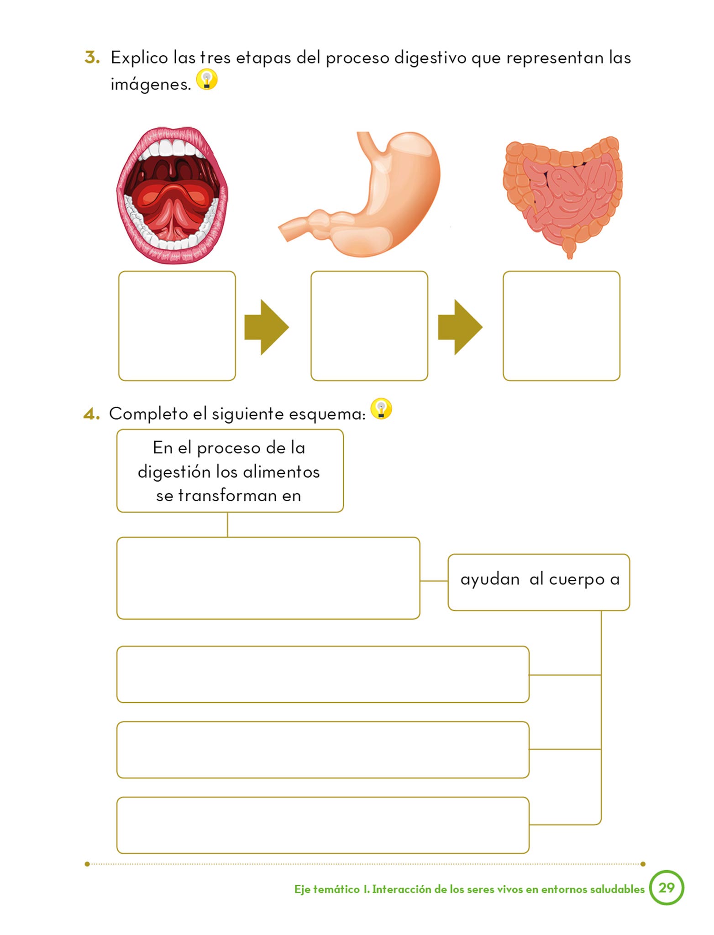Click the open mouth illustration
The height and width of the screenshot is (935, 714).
point(173,195)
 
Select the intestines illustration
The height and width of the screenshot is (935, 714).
point(562,194)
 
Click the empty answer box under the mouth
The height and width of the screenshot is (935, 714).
point(177,326)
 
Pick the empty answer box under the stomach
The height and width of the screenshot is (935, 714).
point(369,326)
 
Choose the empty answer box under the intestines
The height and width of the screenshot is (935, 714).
point(562,326)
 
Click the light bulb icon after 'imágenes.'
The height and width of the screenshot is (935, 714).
point(207,80)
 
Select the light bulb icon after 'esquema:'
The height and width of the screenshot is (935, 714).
point(381,409)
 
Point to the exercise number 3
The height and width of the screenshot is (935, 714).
point(92,58)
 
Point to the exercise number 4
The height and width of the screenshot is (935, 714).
point(91,414)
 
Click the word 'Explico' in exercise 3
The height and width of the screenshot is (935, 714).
point(140,58)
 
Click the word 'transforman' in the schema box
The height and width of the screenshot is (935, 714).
point(227,495)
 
